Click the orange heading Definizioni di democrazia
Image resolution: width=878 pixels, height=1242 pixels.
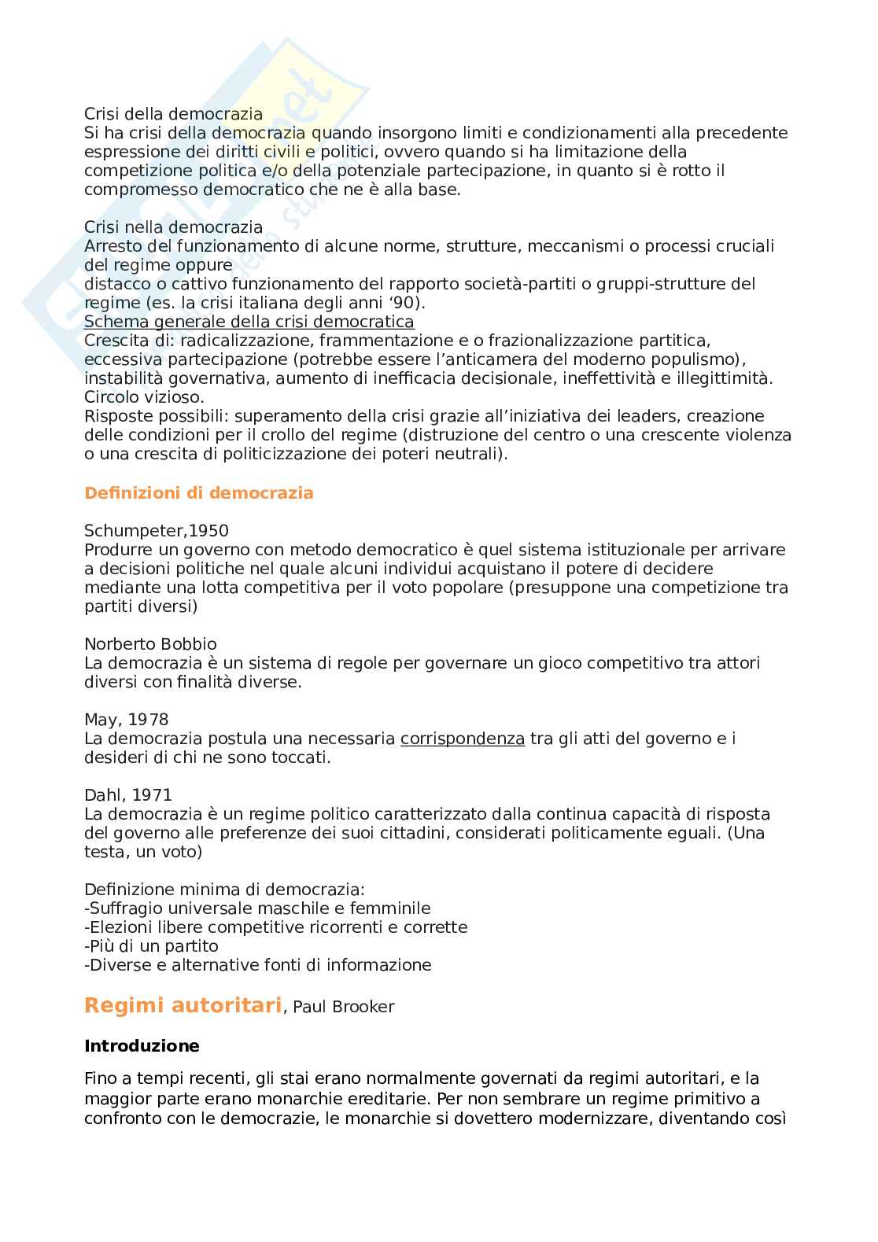tap(198, 493)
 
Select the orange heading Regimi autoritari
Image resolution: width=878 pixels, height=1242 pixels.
tap(183, 1005)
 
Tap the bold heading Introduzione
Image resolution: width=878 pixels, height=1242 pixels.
tap(142, 1046)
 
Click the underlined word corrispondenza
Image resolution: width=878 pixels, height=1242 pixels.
tap(462, 739)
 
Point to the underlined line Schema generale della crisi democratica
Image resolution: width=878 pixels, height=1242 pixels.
tap(249, 322)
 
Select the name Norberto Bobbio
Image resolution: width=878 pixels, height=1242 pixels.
tap(150, 644)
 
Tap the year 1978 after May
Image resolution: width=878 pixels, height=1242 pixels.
tap(148, 720)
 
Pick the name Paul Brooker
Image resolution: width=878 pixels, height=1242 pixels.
tap(343, 1007)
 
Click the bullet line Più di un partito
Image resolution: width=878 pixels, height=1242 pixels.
tap(151, 946)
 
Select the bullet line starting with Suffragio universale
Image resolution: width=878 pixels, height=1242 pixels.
tap(257, 908)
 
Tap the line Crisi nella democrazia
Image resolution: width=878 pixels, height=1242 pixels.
tap(173, 227)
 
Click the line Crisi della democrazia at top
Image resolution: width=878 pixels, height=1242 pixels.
tap(173, 114)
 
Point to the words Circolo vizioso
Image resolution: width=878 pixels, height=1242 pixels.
tap(144, 397)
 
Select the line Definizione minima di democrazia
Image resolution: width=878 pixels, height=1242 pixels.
tap(224, 890)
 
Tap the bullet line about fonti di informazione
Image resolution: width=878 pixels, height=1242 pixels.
tap(258, 965)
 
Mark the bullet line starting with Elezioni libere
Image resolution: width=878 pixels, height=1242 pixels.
tap(275, 927)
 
